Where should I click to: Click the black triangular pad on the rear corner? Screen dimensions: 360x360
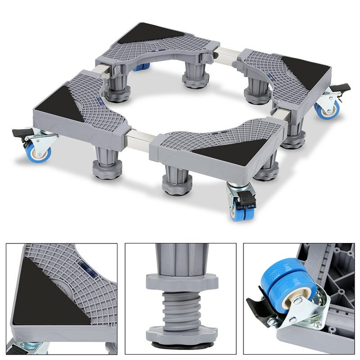151,34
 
